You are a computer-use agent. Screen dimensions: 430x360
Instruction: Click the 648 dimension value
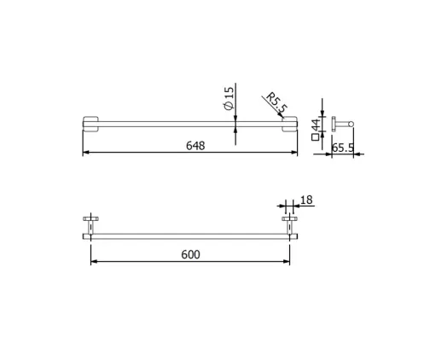[195, 146]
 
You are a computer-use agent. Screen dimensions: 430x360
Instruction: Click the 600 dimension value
[190, 254]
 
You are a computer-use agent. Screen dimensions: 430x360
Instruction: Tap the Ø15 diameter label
[229, 98]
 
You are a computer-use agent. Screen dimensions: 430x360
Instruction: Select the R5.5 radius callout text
[276, 103]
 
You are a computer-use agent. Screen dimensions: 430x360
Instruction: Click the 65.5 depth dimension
[343, 148]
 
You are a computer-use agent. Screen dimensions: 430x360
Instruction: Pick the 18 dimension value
[306, 200]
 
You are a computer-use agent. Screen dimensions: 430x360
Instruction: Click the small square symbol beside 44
[315, 137]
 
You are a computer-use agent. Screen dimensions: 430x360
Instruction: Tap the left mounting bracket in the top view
[90, 124]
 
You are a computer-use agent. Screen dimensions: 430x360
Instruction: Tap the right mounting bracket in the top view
[290, 124]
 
